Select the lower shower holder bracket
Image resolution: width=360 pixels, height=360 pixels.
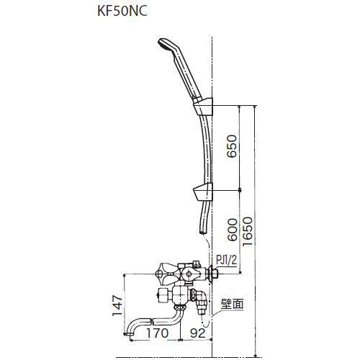pyautogui.click(x=203, y=192)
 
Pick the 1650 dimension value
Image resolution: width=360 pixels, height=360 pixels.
pyautogui.click(x=248, y=230)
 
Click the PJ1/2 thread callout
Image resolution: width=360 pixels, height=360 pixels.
pyautogui.click(x=225, y=266)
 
